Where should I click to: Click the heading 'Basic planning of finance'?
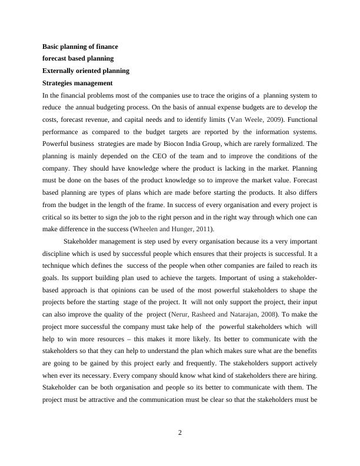pyautogui.click(x=80, y=46)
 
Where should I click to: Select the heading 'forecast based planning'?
pyautogui.click(x=78, y=58)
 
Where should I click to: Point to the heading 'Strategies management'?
pyautogui.click(x=77, y=83)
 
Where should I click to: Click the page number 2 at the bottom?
pyautogui.click(x=180, y=434)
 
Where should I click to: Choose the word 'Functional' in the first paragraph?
pyautogui.click(x=298, y=119)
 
